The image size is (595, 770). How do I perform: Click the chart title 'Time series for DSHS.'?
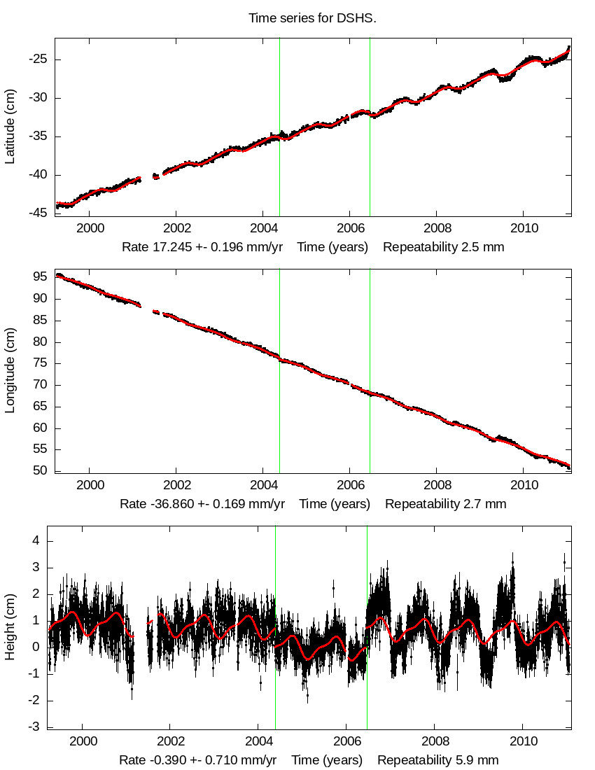[x=312, y=17]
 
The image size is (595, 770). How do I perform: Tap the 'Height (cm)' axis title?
[x=10, y=626]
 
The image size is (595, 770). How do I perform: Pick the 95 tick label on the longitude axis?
[x=41, y=276]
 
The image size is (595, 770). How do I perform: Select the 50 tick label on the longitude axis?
[x=41, y=471]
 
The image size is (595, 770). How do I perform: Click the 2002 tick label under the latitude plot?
[x=175, y=230]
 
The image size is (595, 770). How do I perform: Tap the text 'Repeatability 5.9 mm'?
[x=438, y=760]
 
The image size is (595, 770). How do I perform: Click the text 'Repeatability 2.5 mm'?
[x=444, y=247]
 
